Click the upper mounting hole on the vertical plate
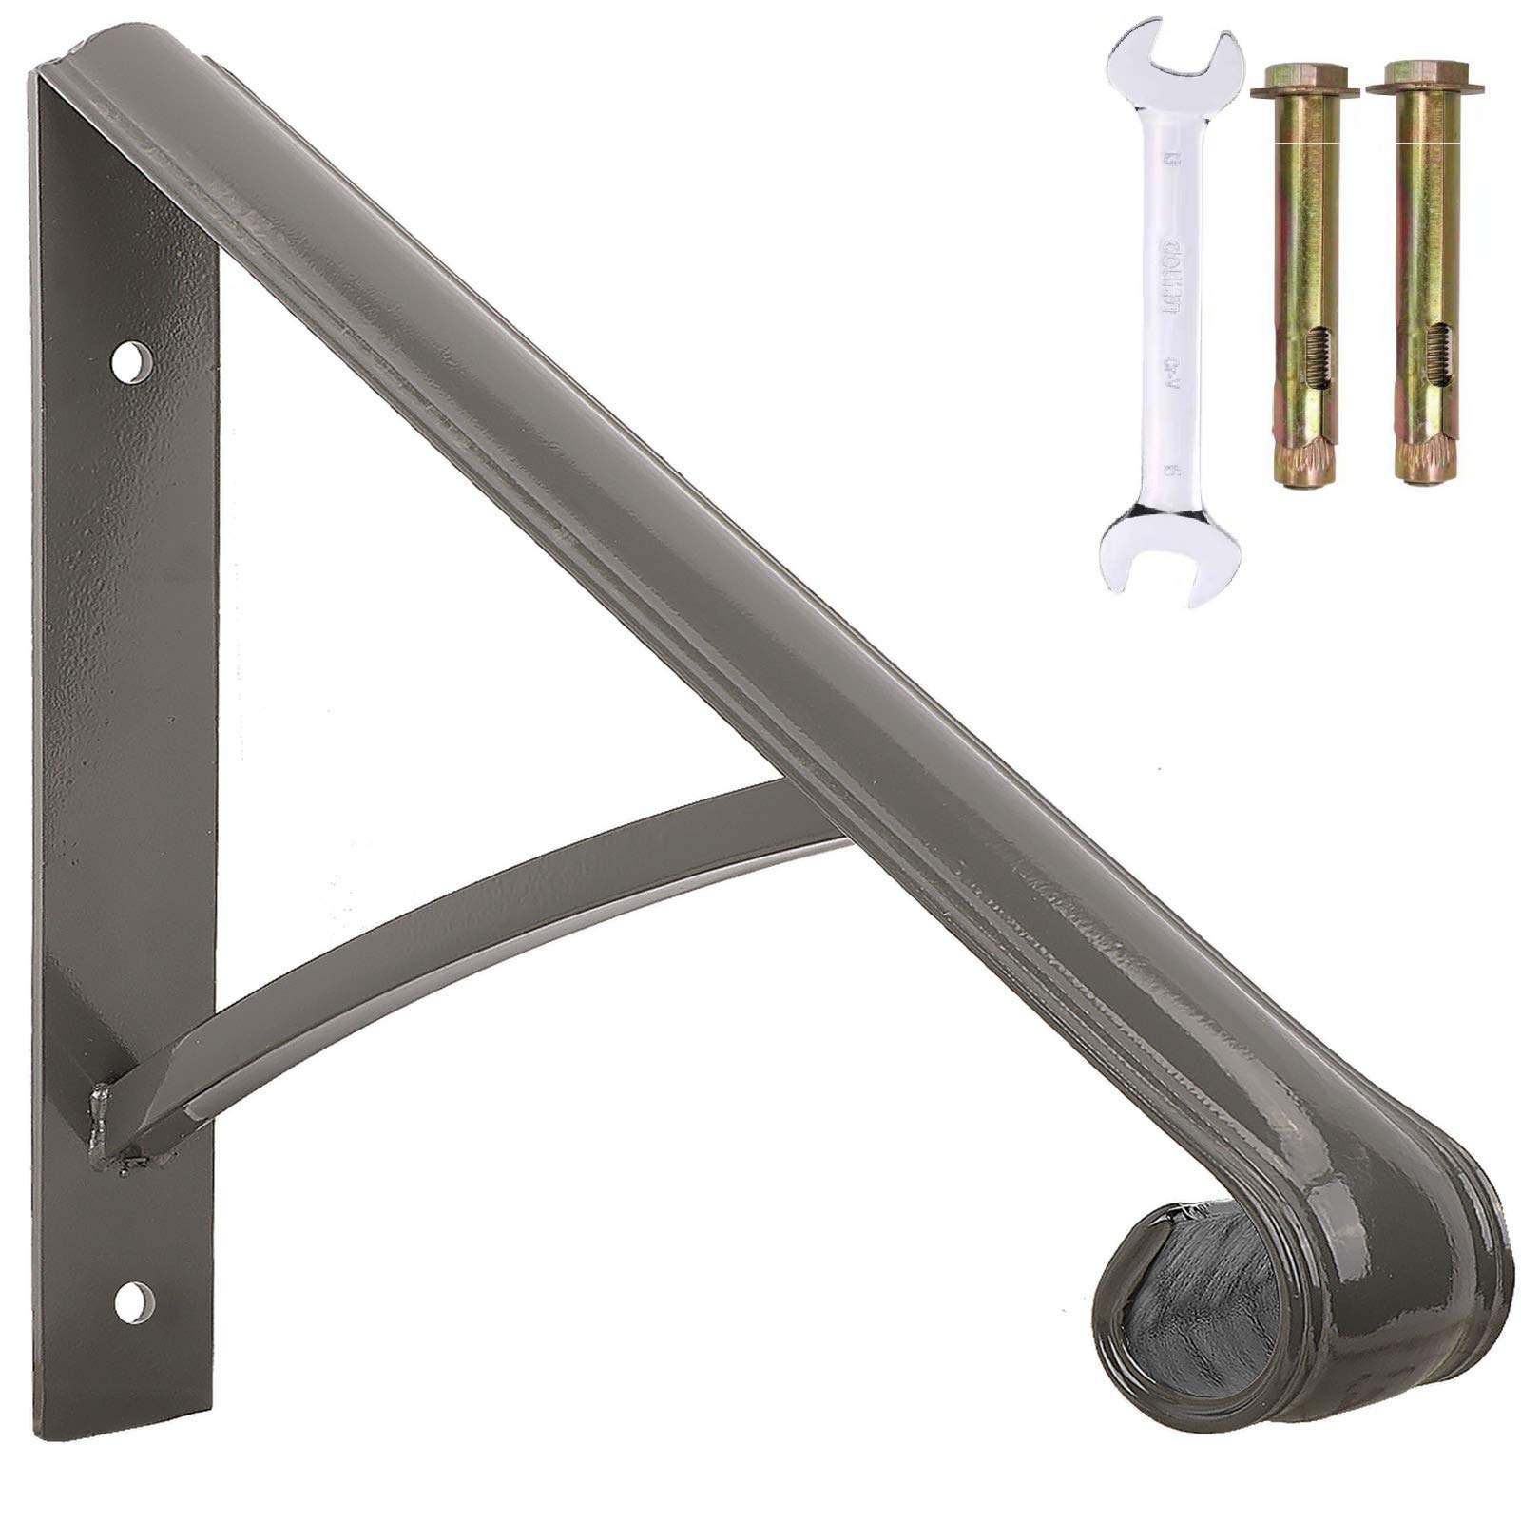(x=134, y=361)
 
